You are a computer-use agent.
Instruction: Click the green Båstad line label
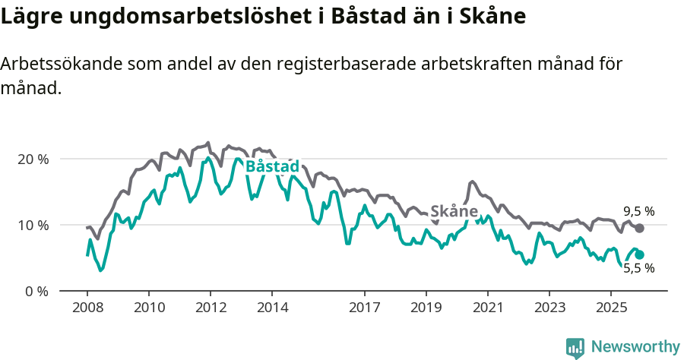click(273, 166)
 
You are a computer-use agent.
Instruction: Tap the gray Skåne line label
click(454, 211)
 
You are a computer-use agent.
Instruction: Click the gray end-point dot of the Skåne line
click(640, 229)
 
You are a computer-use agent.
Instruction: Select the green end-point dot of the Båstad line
click(640, 255)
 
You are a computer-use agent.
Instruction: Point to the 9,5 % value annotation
click(638, 211)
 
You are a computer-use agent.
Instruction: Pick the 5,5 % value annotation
click(638, 268)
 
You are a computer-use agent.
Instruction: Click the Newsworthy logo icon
click(575, 348)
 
